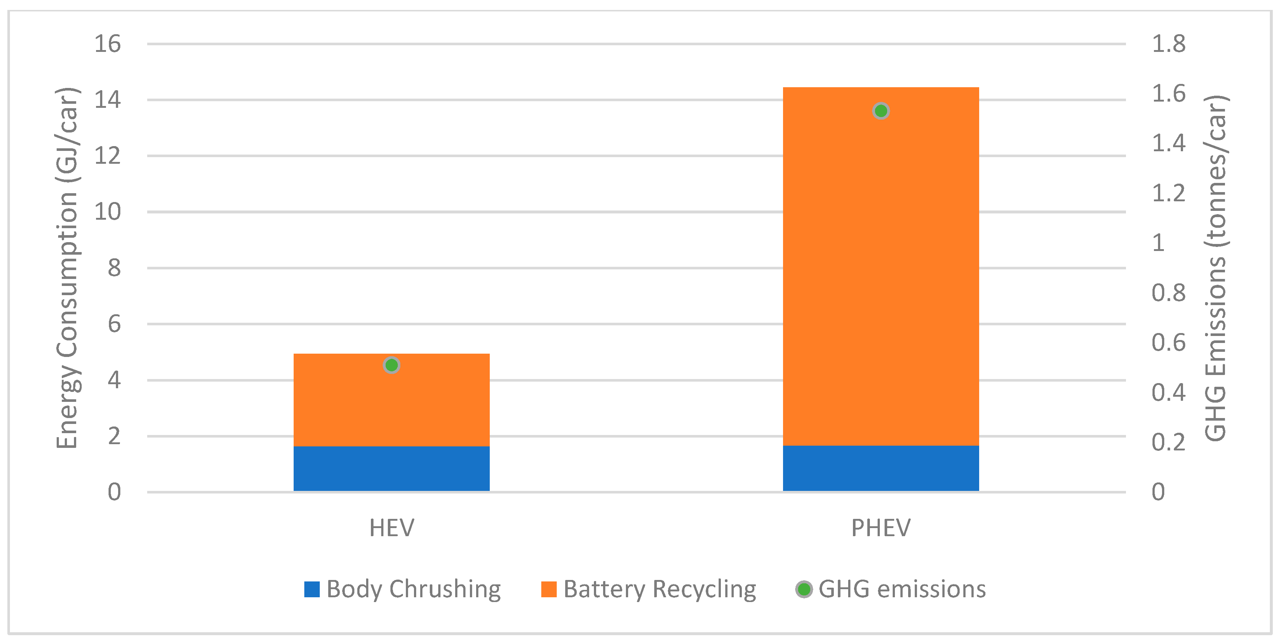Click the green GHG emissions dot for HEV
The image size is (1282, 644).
click(x=392, y=365)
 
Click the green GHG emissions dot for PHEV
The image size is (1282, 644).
click(x=881, y=111)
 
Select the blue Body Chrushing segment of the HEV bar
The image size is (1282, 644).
click(x=392, y=469)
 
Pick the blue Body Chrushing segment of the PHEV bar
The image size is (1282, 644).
click(x=881, y=468)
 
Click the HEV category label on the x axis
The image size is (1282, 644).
click(x=392, y=528)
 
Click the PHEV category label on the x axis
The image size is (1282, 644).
click(x=881, y=528)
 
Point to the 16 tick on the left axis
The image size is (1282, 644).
click(x=107, y=44)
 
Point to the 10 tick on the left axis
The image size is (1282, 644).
click(x=107, y=212)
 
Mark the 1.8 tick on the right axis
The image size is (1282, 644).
click(x=1169, y=44)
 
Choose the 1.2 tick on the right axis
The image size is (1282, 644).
click(x=1169, y=193)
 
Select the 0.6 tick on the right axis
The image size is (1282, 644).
click(x=1169, y=342)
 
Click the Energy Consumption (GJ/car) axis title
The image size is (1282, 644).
click(x=67, y=268)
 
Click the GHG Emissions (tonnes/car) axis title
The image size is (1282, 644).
click(x=1215, y=268)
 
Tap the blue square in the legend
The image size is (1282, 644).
click(x=312, y=589)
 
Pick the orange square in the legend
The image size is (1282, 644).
click(x=549, y=589)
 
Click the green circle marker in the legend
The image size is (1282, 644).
click(x=804, y=589)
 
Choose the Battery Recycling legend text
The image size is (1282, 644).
click(x=659, y=589)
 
